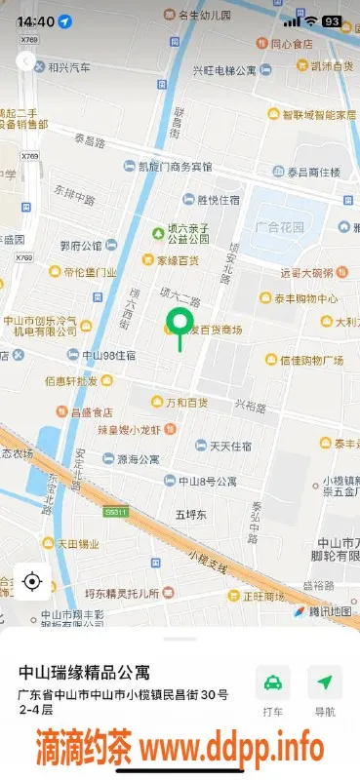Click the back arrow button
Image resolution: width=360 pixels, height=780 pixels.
click(x=26, y=61)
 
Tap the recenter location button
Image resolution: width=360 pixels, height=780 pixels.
click(x=31, y=582)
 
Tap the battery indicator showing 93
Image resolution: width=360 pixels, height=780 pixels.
click(x=332, y=20)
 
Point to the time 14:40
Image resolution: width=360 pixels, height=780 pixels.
click(x=36, y=20)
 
